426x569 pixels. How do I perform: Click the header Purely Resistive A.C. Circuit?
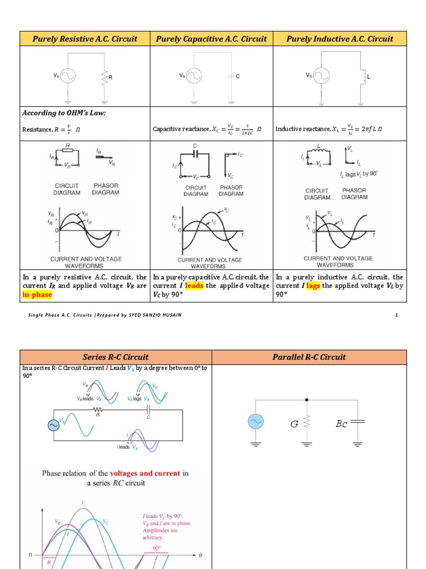click(85, 39)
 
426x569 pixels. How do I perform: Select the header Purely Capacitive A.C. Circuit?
click(211, 39)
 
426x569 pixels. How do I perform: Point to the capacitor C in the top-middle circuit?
click(230, 75)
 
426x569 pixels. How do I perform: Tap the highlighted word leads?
click(194, 286)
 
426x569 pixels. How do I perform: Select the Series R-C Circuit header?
click(115, 357)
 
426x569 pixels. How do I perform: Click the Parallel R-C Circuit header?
click(309, 357)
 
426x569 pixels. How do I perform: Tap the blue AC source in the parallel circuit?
click(256, 423)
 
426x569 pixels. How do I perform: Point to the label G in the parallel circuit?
click(295, 425)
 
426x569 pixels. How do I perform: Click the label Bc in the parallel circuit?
click(341, 425)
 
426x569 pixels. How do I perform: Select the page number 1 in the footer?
click(397, 316)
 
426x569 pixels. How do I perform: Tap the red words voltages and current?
click(145, 473)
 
